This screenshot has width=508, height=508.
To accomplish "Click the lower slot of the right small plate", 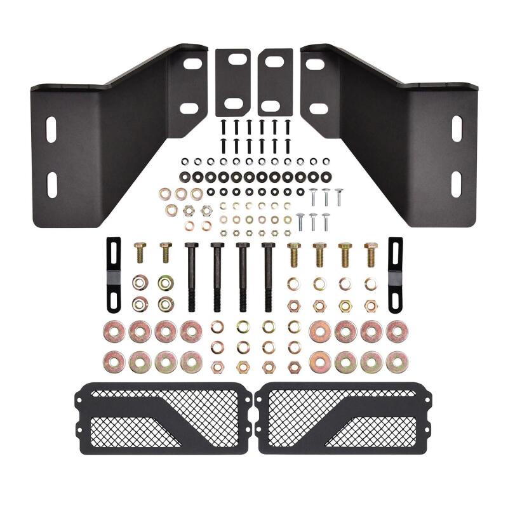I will pos(272,105).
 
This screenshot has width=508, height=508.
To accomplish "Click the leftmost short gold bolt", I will pos(140,252).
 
